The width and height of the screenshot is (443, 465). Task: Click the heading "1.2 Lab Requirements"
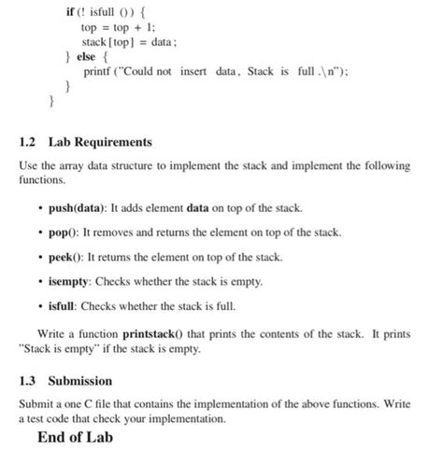84,142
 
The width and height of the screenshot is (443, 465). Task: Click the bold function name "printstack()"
158,332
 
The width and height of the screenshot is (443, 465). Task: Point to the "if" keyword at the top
69,12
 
